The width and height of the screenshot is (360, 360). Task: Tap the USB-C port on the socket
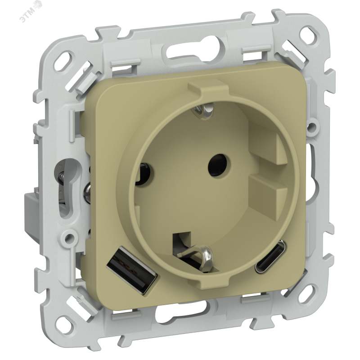tap(270, 256)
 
